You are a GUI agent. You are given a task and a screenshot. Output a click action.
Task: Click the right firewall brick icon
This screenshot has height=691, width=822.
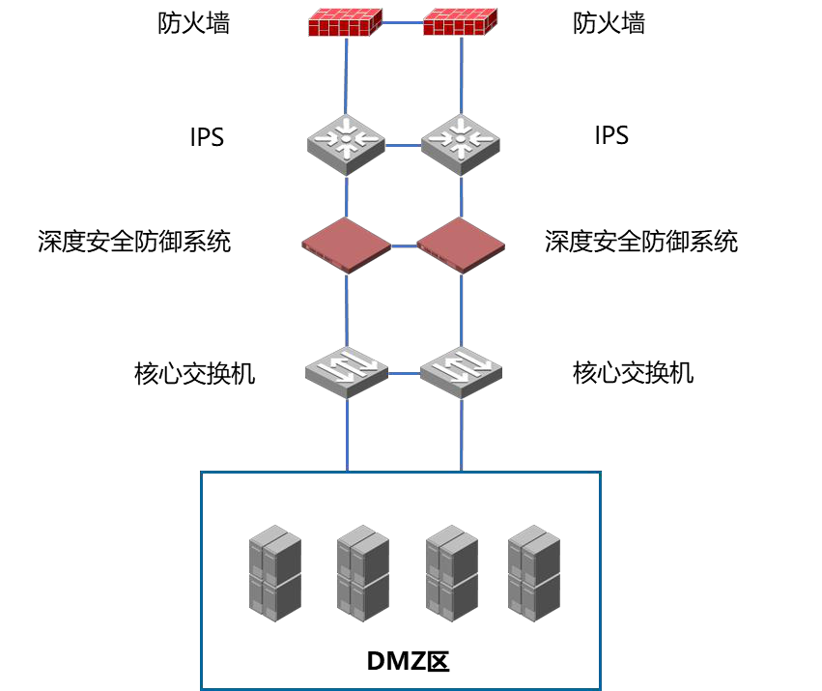pyautogui.click(x=461, y=22)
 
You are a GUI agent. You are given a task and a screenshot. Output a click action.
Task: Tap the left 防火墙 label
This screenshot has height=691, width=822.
pyautogui.click(x=194, y=23)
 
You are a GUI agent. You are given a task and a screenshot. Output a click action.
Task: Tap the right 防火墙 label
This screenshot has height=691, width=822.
pyautogui.click(x=609, y=23)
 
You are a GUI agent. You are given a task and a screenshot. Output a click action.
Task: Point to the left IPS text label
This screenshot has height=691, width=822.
pyautogui.click(x=207, y=137)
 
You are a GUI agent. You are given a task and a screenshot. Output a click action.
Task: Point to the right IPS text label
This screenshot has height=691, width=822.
pyautogui.click(x=611, y=135)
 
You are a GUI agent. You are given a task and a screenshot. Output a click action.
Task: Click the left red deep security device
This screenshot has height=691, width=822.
pyautogui.click(x=346, y=245)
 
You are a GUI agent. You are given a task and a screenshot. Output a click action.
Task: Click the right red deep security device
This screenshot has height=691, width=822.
pyautogui.click(x=461, y=245)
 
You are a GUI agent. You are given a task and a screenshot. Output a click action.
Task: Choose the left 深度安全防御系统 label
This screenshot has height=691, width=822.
pyautogui.click(x=134, y=241)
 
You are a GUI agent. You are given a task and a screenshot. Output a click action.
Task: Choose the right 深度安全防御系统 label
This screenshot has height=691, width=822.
pyautogui.click(x=641, y=241)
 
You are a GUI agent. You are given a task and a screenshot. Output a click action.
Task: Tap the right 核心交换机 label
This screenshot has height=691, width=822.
pyautogui.click(x=633, y=372)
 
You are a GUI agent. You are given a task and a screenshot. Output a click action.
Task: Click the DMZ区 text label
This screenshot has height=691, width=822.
pyautogui.click(x=409, y=662)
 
